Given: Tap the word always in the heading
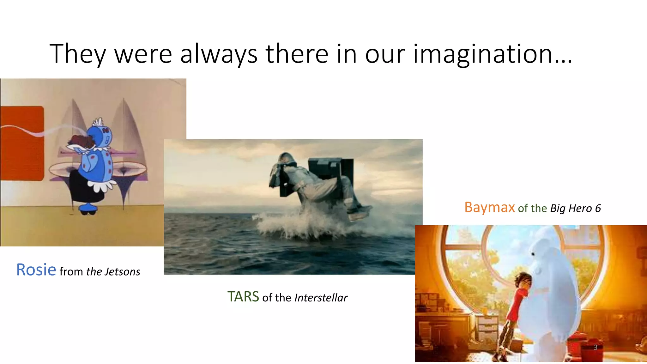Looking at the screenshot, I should coord(219,54).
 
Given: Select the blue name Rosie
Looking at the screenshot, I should coord(36,270).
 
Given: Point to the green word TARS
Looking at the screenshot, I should coord(243,297).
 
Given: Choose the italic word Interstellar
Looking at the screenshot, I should coord(321,298).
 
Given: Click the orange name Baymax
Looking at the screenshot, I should coord(489,208).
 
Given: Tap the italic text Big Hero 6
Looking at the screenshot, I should coord(575,209).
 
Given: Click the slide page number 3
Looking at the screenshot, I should coord(595,347).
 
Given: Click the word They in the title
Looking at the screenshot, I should coord(78,54).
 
